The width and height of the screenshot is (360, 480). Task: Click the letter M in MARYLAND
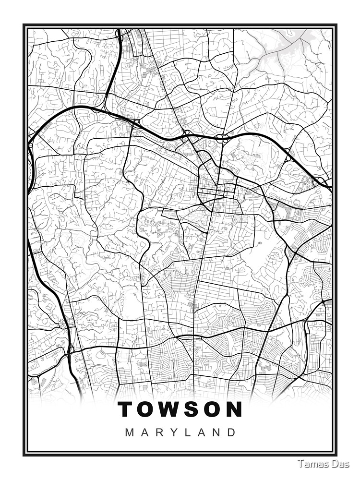[130, 432]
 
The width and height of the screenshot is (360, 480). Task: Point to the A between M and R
[145, 432]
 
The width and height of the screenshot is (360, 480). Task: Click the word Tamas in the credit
[310, 463]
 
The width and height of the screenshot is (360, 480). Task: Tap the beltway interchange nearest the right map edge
[320, 180]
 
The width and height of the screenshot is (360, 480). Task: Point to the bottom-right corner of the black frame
[336, 455]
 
